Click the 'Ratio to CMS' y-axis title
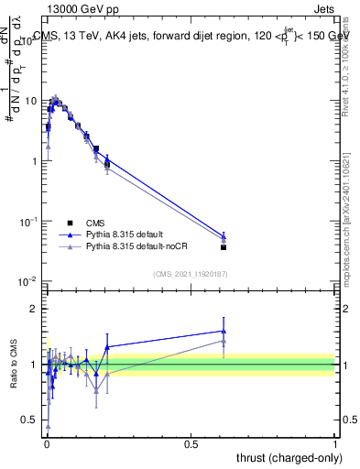click(x=16, y=365)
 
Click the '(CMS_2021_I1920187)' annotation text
click(x=191, y=273)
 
